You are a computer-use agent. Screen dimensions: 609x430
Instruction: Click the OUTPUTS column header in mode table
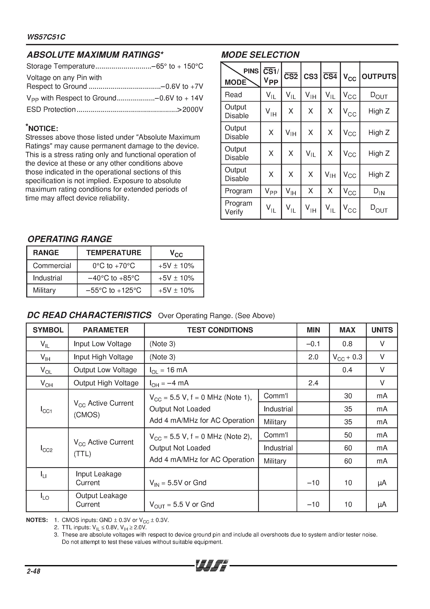click(379, 77)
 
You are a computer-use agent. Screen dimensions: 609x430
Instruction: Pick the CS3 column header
click(311, 77)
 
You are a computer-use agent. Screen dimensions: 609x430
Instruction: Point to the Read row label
click(233, 95)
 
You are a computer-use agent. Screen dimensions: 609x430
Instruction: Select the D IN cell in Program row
click(379, 191)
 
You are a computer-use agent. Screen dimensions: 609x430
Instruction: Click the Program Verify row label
click(238, 207)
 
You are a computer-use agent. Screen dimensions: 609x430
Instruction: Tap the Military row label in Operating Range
click(44, 290)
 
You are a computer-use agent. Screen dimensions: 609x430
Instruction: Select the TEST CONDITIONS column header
click(220, 330)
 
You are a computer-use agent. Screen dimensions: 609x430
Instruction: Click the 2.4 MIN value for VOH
click(313, 383)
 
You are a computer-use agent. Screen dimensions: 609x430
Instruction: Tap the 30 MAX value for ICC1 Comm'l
click(348, 396)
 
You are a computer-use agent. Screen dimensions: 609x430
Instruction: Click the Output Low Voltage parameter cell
click(105, 370)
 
